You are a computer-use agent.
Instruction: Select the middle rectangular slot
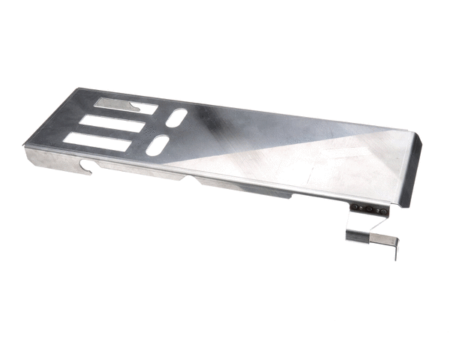[x=112, y=123]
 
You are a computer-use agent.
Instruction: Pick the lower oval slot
[x=159, y=145]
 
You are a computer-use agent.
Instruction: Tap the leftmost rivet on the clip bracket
[x=358, y=207]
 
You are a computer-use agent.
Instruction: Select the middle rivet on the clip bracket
[x=366, y=208]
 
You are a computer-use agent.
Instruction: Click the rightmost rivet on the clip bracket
[x=374, y=210]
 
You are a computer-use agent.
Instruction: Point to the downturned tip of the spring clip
[x=394, y=251]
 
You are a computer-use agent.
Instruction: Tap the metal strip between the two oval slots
[x=168, y=132]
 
